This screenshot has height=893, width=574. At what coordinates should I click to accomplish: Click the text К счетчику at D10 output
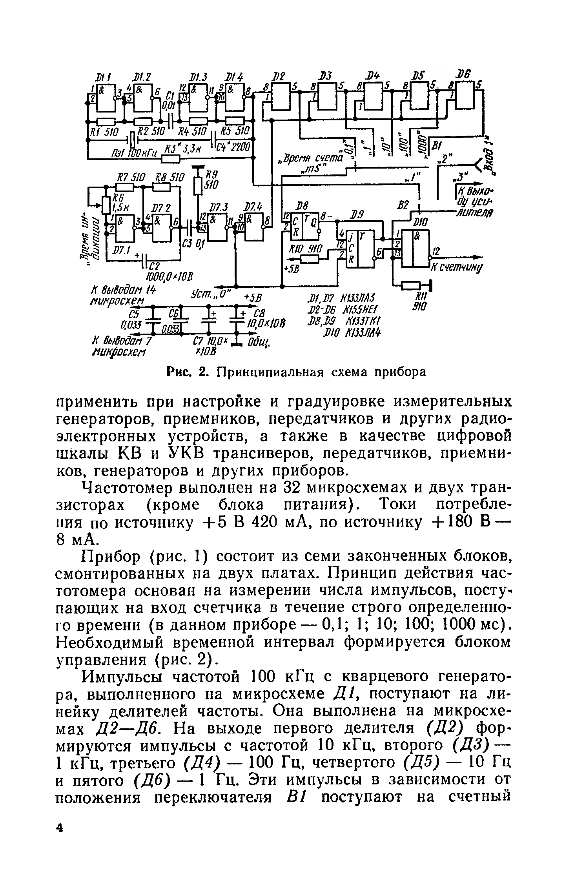457,268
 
